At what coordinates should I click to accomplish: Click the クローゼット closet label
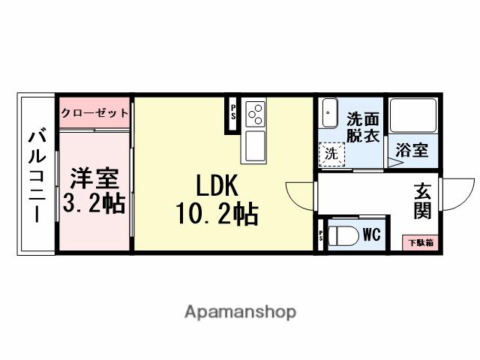point(94,112)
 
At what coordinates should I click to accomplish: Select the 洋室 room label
point(94,180)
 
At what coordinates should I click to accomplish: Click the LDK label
point(217,186)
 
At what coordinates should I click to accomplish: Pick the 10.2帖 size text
point(217,214)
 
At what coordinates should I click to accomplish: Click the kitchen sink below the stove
point(253,145)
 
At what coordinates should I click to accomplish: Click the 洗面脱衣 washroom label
point(362,127)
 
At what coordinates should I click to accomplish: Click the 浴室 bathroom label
point(412,149)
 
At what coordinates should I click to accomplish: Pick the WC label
point(371,235)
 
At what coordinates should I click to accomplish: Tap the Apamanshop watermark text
point(240,311)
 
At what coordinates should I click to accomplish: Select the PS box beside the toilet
point(322,235)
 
